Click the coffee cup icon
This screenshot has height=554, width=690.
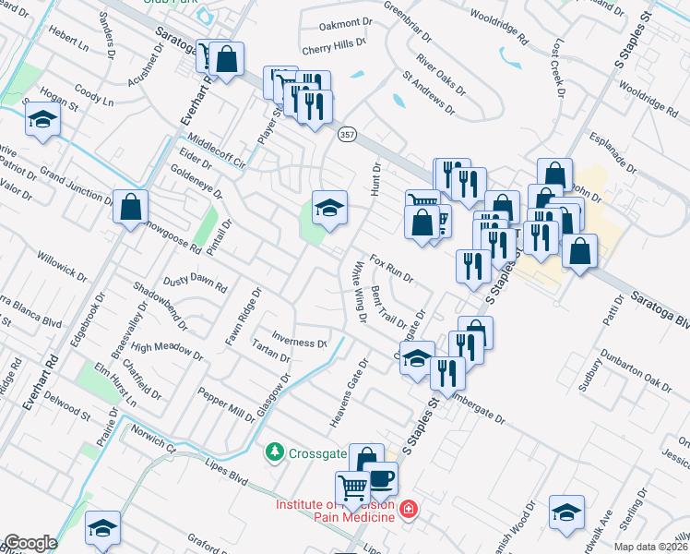click(381, 479)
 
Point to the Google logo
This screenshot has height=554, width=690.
click(30, 543)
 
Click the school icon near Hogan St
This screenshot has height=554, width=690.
click(42, 121)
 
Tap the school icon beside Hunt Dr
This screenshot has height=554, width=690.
click(328, 208)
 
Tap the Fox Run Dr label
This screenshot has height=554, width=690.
click(391, 269)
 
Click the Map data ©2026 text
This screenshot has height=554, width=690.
click(651, 546)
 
